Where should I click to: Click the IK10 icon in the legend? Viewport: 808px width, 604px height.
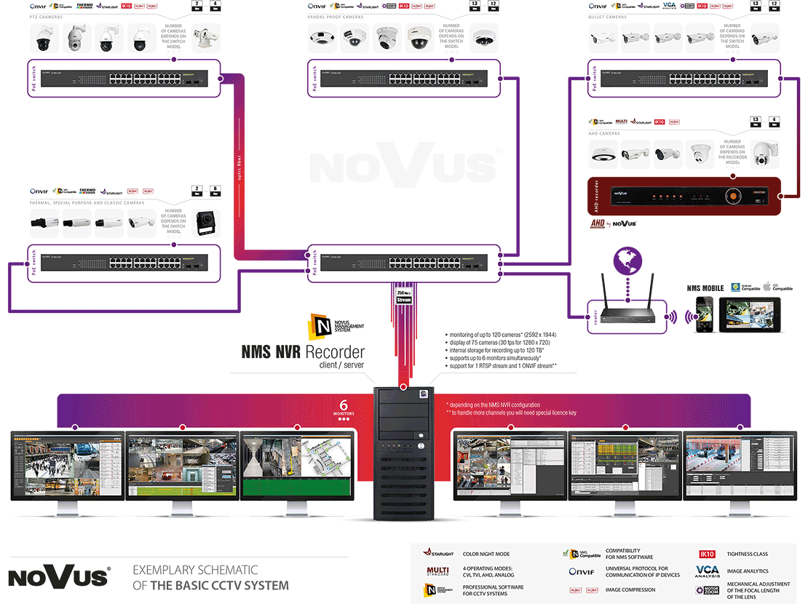[708, 554]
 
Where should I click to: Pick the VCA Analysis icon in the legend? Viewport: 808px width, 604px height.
[708, 571]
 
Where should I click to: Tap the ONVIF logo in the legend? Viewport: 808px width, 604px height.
[582, 572]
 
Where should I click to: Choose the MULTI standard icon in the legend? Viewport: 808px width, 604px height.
[438, 571]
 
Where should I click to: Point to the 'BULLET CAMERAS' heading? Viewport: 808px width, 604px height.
[607, 17]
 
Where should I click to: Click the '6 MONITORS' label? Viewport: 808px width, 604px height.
[344, 409]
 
